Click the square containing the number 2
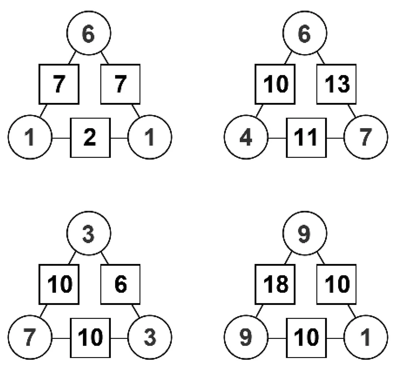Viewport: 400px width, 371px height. (x=90, y=138)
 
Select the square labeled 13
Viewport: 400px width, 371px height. (x=336, y=84)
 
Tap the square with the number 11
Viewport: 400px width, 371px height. (x=306, y=138)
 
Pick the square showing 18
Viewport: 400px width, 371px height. (x=275, y=284)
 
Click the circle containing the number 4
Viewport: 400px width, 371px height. (x=246, y=137)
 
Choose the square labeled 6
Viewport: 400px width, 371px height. (x=120, y=284)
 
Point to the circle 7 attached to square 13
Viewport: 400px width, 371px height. (x=365, y=137)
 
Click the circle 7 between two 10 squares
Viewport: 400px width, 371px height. (x=30, y=337)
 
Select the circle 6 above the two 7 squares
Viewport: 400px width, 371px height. (x=89, y=33)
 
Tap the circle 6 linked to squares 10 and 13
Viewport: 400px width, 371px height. (x=305, y=33)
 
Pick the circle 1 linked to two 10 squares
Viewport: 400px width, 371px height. (x=365, y=337)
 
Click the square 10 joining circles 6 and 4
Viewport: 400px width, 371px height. (x=275, y=84)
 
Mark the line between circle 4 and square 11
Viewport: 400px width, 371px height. (x=277, y=138)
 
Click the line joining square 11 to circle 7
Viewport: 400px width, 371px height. (x=335, y=138)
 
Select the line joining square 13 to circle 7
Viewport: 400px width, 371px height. (x=352, y=111)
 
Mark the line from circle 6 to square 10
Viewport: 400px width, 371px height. (x=288, y=58)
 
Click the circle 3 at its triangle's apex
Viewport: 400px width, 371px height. (x=89, y=233)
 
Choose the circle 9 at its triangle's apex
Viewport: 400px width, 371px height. (x=305, y=233)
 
